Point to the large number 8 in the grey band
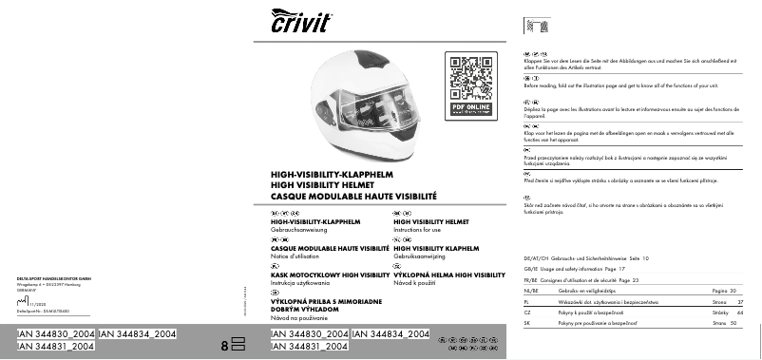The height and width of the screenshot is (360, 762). [224, 346]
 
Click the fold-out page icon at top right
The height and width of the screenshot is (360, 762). [537, 25]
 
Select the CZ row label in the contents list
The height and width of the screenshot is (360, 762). [527, 313]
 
